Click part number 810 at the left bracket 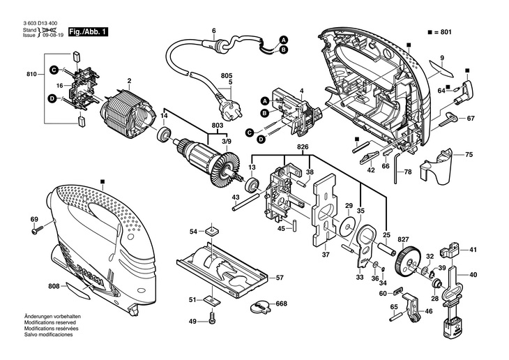tap(31, 74)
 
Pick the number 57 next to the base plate tap(280, 278)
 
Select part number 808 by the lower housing tap(53, 286)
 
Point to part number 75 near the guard tap(469, 154)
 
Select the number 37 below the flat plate tap(325, 255)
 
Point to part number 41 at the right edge tap(473, 249)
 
